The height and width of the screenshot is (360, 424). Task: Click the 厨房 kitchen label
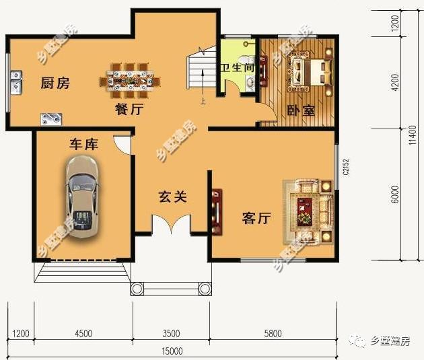[x=55, y=83]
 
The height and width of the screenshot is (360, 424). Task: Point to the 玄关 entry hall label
[x=172, y=197]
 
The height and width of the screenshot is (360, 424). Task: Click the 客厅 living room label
[x=256, y=218]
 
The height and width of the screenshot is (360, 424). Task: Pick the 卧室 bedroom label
[x=301, y=110]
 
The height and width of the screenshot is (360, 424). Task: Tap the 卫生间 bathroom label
[x=238, y=68]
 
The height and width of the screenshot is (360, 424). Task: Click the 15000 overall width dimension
[x=172, y=351]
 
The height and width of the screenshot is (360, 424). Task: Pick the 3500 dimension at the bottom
[x=170, y=333]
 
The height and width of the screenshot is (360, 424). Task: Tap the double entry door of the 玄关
[x=171, y=224]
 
